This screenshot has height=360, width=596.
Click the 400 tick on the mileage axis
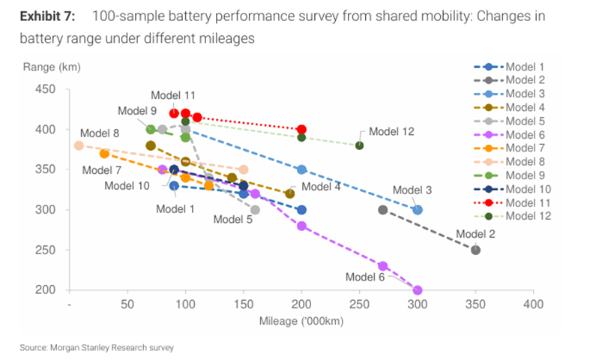pyautogui.click(x=533, y=305)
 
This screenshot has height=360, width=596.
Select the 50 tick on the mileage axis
pyautogui.click(x=127, y=305)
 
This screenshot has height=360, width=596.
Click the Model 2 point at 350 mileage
pyautogui.click(x=475, y=250)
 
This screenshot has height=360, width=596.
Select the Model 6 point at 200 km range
pyautogui.click(x=418, y=290)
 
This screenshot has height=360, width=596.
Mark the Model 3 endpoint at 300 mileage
pyautogui.click(x=418, y=210)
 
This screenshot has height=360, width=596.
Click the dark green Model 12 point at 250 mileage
pyautogui.click(x=360, y=145)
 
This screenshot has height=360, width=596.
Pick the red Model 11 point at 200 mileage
pyautogui.click(x=301, y=130)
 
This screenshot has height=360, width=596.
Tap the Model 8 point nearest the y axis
pyautogui.click(x=79, y=145)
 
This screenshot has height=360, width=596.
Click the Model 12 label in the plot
pyautogui.click(x=391, y=131)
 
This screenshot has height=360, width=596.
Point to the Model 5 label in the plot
pyautogui.click(x=233, y=220)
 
